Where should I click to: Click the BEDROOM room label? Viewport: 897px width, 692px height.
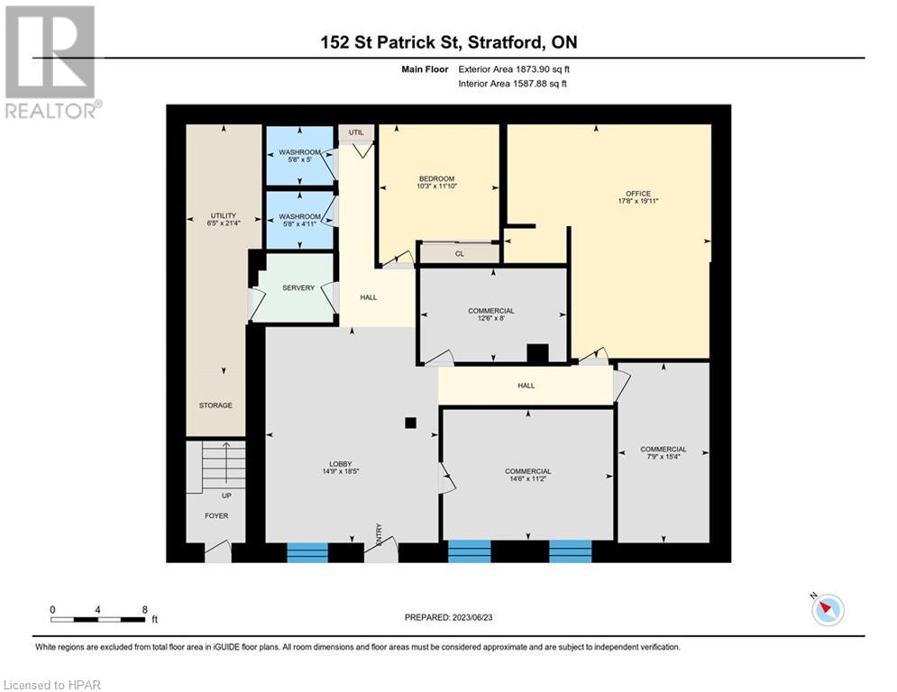(435, 178)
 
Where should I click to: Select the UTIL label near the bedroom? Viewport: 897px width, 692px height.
(356, 132)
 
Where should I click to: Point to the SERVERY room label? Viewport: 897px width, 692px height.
(298, 288)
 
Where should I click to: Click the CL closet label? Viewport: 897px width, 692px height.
(459, 254)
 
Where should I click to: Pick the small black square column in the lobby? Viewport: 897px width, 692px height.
(410, 422)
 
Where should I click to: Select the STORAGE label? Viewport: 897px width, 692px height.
(215, 405)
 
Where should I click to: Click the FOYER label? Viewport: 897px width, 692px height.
(216, 516)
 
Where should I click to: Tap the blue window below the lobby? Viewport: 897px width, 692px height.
(307, 552)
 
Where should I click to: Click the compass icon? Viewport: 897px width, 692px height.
(827, 610)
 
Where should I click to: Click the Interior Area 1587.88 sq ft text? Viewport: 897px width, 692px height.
(512, 84)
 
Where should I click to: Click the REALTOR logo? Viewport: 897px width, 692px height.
(51, 62)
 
